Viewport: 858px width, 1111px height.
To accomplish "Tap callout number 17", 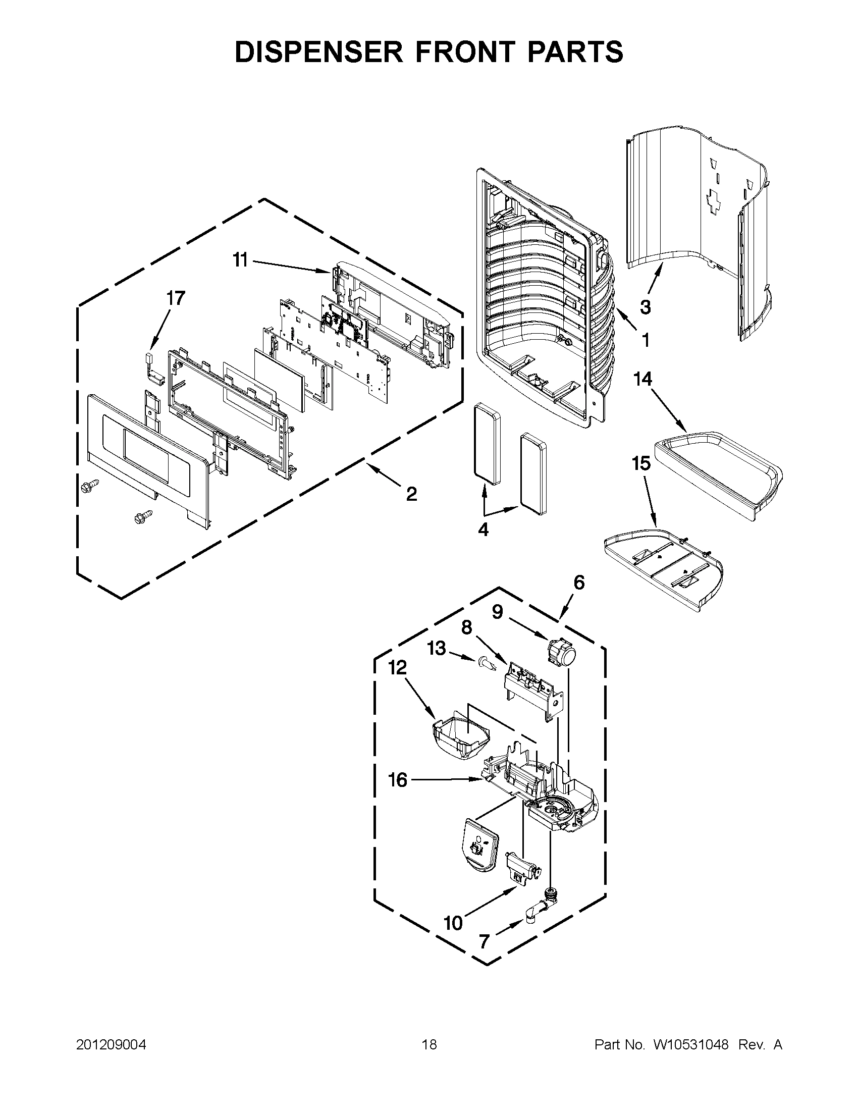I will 175,299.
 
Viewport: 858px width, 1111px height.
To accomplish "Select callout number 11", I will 240,260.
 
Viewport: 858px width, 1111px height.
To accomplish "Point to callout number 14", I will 643,379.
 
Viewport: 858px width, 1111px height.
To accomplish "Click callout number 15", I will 641,463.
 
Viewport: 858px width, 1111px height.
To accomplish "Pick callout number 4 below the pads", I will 483,530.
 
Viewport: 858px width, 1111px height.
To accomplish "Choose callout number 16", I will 398,780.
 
